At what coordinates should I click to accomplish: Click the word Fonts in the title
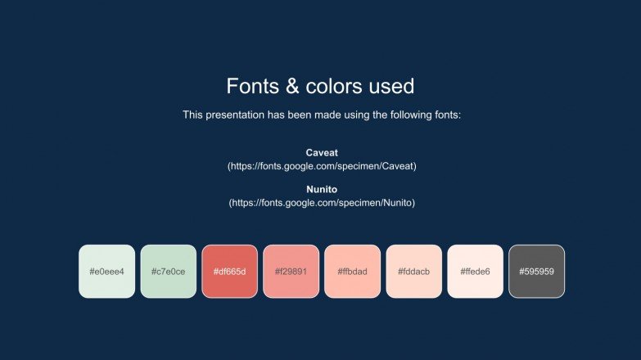pos(252,86)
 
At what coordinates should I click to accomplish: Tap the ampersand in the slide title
pos(291,86)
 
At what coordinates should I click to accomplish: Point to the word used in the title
pos(392,86)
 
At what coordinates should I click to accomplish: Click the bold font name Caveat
pos(322,153)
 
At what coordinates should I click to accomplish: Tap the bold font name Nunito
pos(322,190)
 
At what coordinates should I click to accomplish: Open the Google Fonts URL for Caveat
pos(322,166)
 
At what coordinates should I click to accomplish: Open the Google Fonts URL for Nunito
pos(322,203)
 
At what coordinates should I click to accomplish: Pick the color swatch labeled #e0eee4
pos(106,271)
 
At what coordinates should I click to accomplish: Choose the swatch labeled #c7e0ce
pos(169,271)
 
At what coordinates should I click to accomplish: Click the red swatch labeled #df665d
pos(229,271)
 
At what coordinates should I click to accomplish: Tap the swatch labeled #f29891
pos(291,271)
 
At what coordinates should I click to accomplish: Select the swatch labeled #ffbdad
pos(352,271)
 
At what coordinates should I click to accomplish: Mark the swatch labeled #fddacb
pos(414,271)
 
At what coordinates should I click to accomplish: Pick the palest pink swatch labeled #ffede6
pos(475,271)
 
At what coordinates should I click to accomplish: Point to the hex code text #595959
pos(536,272)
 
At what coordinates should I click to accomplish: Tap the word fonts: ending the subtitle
pos(448,115)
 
